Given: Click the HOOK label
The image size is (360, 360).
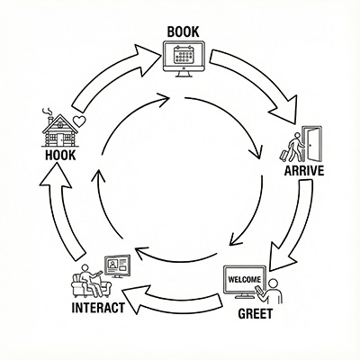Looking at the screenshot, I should point(59,156).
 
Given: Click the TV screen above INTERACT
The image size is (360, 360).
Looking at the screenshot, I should point(117,265).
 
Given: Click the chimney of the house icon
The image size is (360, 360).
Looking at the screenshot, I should point(45,114).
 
